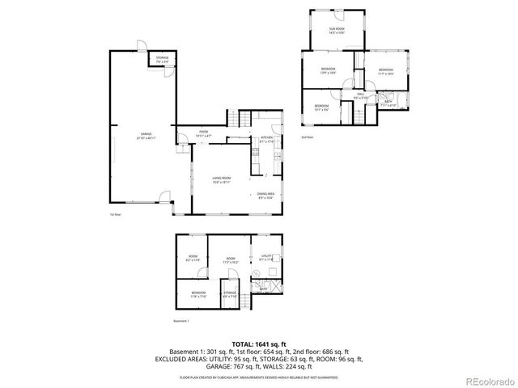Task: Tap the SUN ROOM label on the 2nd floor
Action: [x=337, y=30]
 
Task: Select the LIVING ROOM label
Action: [x=222, y=179]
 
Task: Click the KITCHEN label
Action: [x=266, y=137]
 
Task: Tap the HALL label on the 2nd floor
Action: [x=360, y=94]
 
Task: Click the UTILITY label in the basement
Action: [x=266, y=255]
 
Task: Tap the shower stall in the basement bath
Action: [x=276, y=285]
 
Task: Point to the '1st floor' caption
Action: [x=116, y=214]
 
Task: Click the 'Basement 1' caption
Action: [x=181, y=321]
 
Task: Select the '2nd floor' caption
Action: [x=307, y=137]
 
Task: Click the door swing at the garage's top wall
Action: [x=140, y=45]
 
